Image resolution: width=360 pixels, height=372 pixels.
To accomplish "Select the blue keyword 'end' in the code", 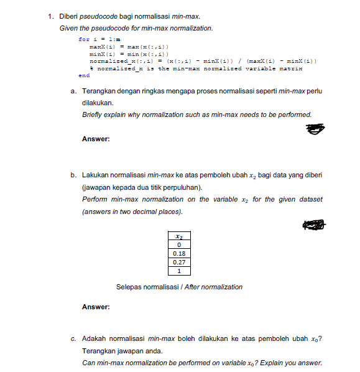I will click(x=84, y=75).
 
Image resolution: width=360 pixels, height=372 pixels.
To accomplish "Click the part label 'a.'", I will click(x=74, y=91).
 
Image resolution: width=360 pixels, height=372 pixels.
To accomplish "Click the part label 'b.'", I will click(x=74, y=176).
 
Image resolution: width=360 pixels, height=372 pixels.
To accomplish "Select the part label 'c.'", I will click(x=74, y=339).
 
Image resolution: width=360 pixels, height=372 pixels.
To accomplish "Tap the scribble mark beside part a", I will click(x=315, y=129).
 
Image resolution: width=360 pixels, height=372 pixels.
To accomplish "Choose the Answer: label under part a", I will click(x=96, y=139).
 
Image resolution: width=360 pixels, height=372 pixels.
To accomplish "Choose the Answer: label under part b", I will click(x=96, y=307).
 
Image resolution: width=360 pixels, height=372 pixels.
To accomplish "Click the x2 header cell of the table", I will click(x=179, y=236).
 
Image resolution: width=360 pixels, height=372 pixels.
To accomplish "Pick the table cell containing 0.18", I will click(x=179, y=254).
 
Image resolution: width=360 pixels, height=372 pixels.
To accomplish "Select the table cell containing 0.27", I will click(x=179, y=263).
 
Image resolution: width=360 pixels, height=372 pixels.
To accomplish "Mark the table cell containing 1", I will click(x=179, y=271).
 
